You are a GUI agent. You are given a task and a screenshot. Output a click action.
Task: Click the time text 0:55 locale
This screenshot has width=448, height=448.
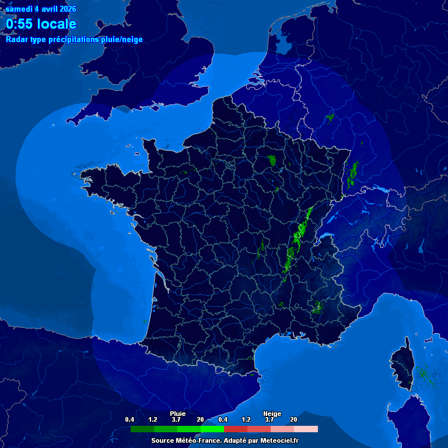point(41,24)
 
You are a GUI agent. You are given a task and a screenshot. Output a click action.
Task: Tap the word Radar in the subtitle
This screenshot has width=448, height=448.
point(16,40)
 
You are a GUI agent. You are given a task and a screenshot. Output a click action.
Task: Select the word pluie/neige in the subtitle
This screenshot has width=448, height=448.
point(121,40)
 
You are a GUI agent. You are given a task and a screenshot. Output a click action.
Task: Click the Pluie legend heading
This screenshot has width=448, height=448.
point(177,414)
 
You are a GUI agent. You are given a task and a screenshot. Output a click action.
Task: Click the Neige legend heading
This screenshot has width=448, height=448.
point(272,414)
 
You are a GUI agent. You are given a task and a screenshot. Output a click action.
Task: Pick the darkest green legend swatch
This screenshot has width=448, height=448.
point(142,429)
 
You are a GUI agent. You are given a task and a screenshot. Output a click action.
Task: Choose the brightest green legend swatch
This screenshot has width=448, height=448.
point(212,429)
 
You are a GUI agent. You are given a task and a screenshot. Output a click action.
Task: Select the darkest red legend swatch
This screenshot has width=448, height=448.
point(236,429)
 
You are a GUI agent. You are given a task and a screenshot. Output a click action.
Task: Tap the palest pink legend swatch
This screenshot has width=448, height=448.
point(306,429)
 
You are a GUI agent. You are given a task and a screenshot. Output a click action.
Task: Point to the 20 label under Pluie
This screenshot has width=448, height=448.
point(200,420)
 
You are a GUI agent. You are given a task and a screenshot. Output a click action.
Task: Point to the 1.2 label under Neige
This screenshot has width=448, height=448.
point(246,420)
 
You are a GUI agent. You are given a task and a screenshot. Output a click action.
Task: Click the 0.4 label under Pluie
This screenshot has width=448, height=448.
point(129,420)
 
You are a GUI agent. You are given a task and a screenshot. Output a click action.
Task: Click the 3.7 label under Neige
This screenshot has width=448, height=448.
point(269,420)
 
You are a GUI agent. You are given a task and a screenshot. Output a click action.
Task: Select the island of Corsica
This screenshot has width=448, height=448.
point(403,365)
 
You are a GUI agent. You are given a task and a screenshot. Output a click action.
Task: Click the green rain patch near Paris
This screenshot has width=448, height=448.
point(271,160)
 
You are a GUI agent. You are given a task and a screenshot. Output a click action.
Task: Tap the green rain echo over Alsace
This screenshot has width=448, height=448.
point(352,174)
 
